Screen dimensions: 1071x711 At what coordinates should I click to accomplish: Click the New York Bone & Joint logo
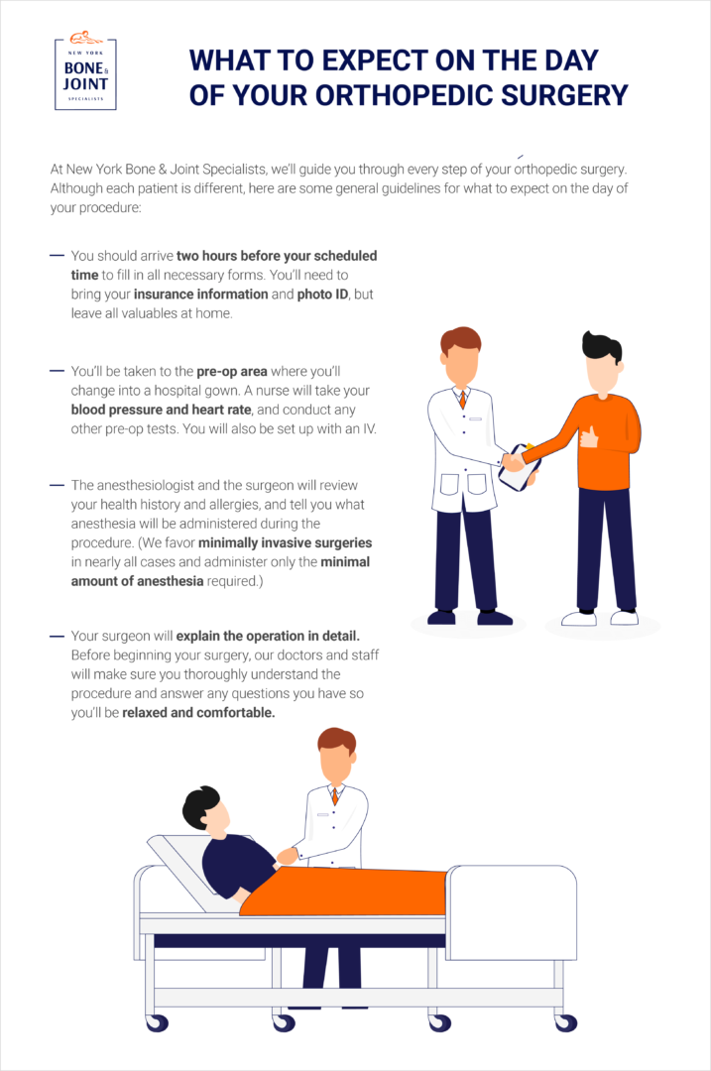tap(84, 74)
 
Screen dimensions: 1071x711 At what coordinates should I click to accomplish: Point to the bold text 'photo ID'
tap(324, 294)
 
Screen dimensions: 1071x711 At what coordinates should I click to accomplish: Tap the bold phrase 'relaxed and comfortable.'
tap(198, 713)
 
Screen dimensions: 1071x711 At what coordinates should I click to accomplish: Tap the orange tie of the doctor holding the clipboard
tap(462, 399)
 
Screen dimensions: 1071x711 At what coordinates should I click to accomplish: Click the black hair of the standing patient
tap(601, 345)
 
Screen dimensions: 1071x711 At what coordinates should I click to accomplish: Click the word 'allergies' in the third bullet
tap(238, 504)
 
